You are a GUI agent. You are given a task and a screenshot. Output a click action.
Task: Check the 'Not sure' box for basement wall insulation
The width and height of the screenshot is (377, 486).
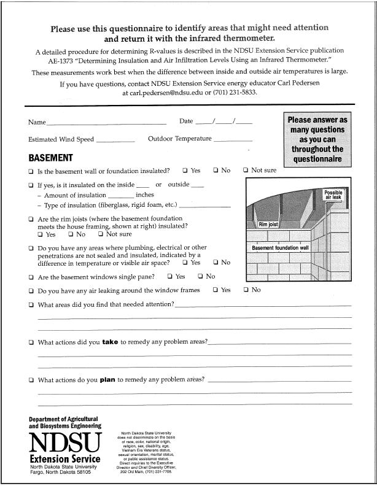246,171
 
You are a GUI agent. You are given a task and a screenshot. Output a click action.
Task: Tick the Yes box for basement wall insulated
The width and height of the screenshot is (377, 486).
185,171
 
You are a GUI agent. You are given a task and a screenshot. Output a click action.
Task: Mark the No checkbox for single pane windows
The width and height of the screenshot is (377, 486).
200,277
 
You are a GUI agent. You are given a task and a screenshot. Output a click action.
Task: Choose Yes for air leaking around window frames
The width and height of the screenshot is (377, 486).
215,290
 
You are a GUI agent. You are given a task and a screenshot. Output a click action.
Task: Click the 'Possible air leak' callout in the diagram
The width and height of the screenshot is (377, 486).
333,196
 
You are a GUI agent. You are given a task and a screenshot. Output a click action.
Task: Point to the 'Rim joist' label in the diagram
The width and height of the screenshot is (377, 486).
269,225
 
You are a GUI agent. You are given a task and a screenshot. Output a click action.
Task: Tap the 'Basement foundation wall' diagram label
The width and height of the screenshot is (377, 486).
280,248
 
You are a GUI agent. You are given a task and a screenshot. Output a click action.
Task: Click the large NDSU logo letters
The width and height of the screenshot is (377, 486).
64,442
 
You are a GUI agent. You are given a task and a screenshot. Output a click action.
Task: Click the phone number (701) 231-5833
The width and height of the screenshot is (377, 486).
235,93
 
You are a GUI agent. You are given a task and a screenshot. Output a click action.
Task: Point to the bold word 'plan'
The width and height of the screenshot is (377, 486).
107,380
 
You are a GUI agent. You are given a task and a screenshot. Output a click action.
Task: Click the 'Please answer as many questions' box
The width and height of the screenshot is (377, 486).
317,139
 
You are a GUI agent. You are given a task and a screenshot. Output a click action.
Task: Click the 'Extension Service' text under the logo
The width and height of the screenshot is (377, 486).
64,460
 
